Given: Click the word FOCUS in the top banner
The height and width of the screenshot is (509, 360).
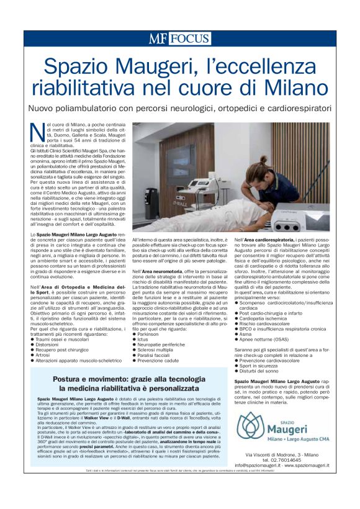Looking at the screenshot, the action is click(190, 38).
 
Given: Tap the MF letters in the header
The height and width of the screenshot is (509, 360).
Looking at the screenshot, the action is click(158, 38).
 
